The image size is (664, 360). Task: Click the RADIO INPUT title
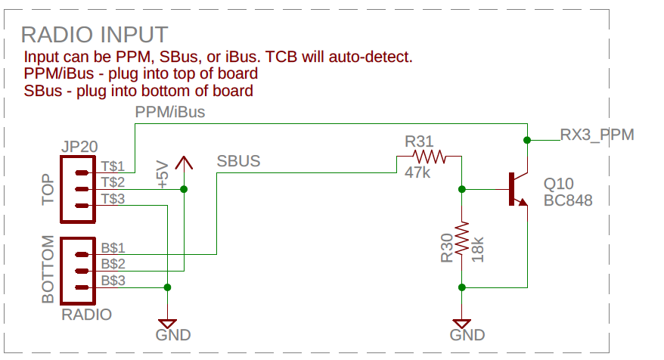tap(95, 35)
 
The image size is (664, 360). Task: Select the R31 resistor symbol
tap(429, 157)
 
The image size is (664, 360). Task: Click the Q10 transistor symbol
tap(518, 189)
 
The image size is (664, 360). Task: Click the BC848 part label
tap(567, 201)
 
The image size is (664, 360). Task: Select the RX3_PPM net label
tap(597, 135)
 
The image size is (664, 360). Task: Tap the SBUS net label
tap(238, 161)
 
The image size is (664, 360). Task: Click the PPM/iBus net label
tap(169, 113)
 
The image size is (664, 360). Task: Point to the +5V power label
tap(162, 174)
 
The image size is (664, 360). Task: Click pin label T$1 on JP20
tap(113, 165)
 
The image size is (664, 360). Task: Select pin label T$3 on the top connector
tap(113, 199)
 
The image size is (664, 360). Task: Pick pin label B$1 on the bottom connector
tap(113, 247)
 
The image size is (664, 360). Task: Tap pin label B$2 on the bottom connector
tap(113, 264)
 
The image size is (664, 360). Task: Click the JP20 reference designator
tap(79, 147)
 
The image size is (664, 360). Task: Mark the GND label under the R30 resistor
tap(467, 335)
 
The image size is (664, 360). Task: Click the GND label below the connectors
tap(173, 335)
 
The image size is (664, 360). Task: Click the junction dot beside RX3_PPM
tap(527, 140)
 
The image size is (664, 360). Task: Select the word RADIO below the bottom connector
tap(87, 315)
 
